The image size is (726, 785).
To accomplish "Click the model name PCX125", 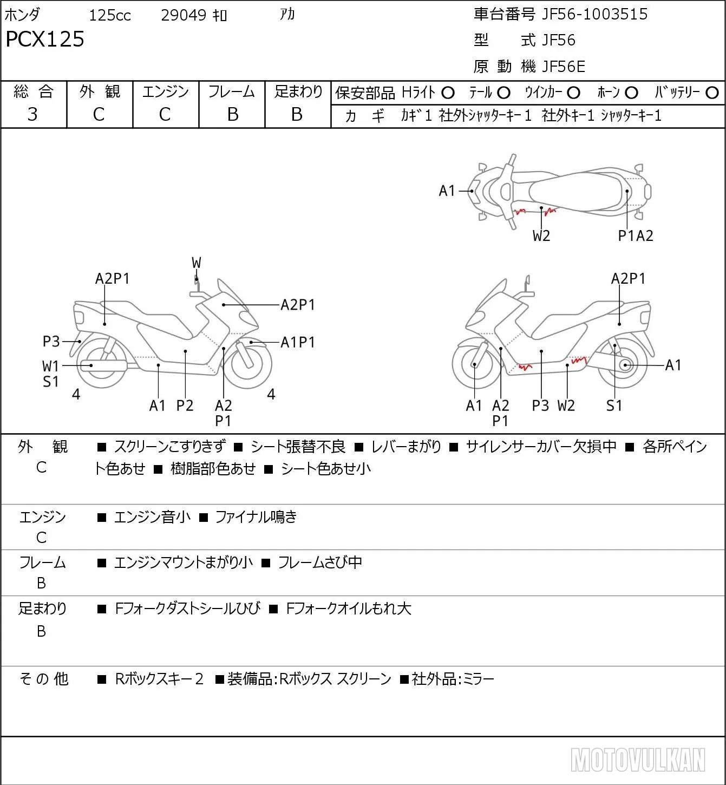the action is [x=45, y=39].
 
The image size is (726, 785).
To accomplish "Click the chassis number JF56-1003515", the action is [x=594, y=14].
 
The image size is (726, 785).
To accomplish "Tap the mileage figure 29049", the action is [x=184, y=15].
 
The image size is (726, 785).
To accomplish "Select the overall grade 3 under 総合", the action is [x=32, y=114].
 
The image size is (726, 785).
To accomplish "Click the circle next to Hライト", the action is [x=448, y=93].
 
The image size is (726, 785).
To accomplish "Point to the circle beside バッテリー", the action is [x=712, y=93].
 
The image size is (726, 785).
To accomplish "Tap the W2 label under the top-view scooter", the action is [x=541, y=236].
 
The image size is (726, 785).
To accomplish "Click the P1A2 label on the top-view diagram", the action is [x=636, y=236].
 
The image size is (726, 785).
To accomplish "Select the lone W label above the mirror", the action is [x=196, y=263].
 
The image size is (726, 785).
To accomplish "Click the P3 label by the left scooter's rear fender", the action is [x=51, y=342].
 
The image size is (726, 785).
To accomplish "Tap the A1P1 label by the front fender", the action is [x=298, y=342].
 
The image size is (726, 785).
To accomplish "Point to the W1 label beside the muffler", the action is [x=50, y=367].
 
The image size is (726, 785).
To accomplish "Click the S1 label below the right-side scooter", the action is [x=614, y=405].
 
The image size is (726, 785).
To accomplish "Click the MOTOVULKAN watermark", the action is [x=638, y=760].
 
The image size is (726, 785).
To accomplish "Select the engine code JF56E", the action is [x=564, y=67].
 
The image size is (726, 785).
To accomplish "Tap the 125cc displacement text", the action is [x=110, y=15].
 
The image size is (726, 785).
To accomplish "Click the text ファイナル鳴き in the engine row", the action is [x=256, y=517].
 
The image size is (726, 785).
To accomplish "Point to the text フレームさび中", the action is [x=320, y=562].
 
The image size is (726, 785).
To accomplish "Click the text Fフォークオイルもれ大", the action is [x=348, y=609].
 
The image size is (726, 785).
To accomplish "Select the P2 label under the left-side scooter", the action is [x=185, y=405].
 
